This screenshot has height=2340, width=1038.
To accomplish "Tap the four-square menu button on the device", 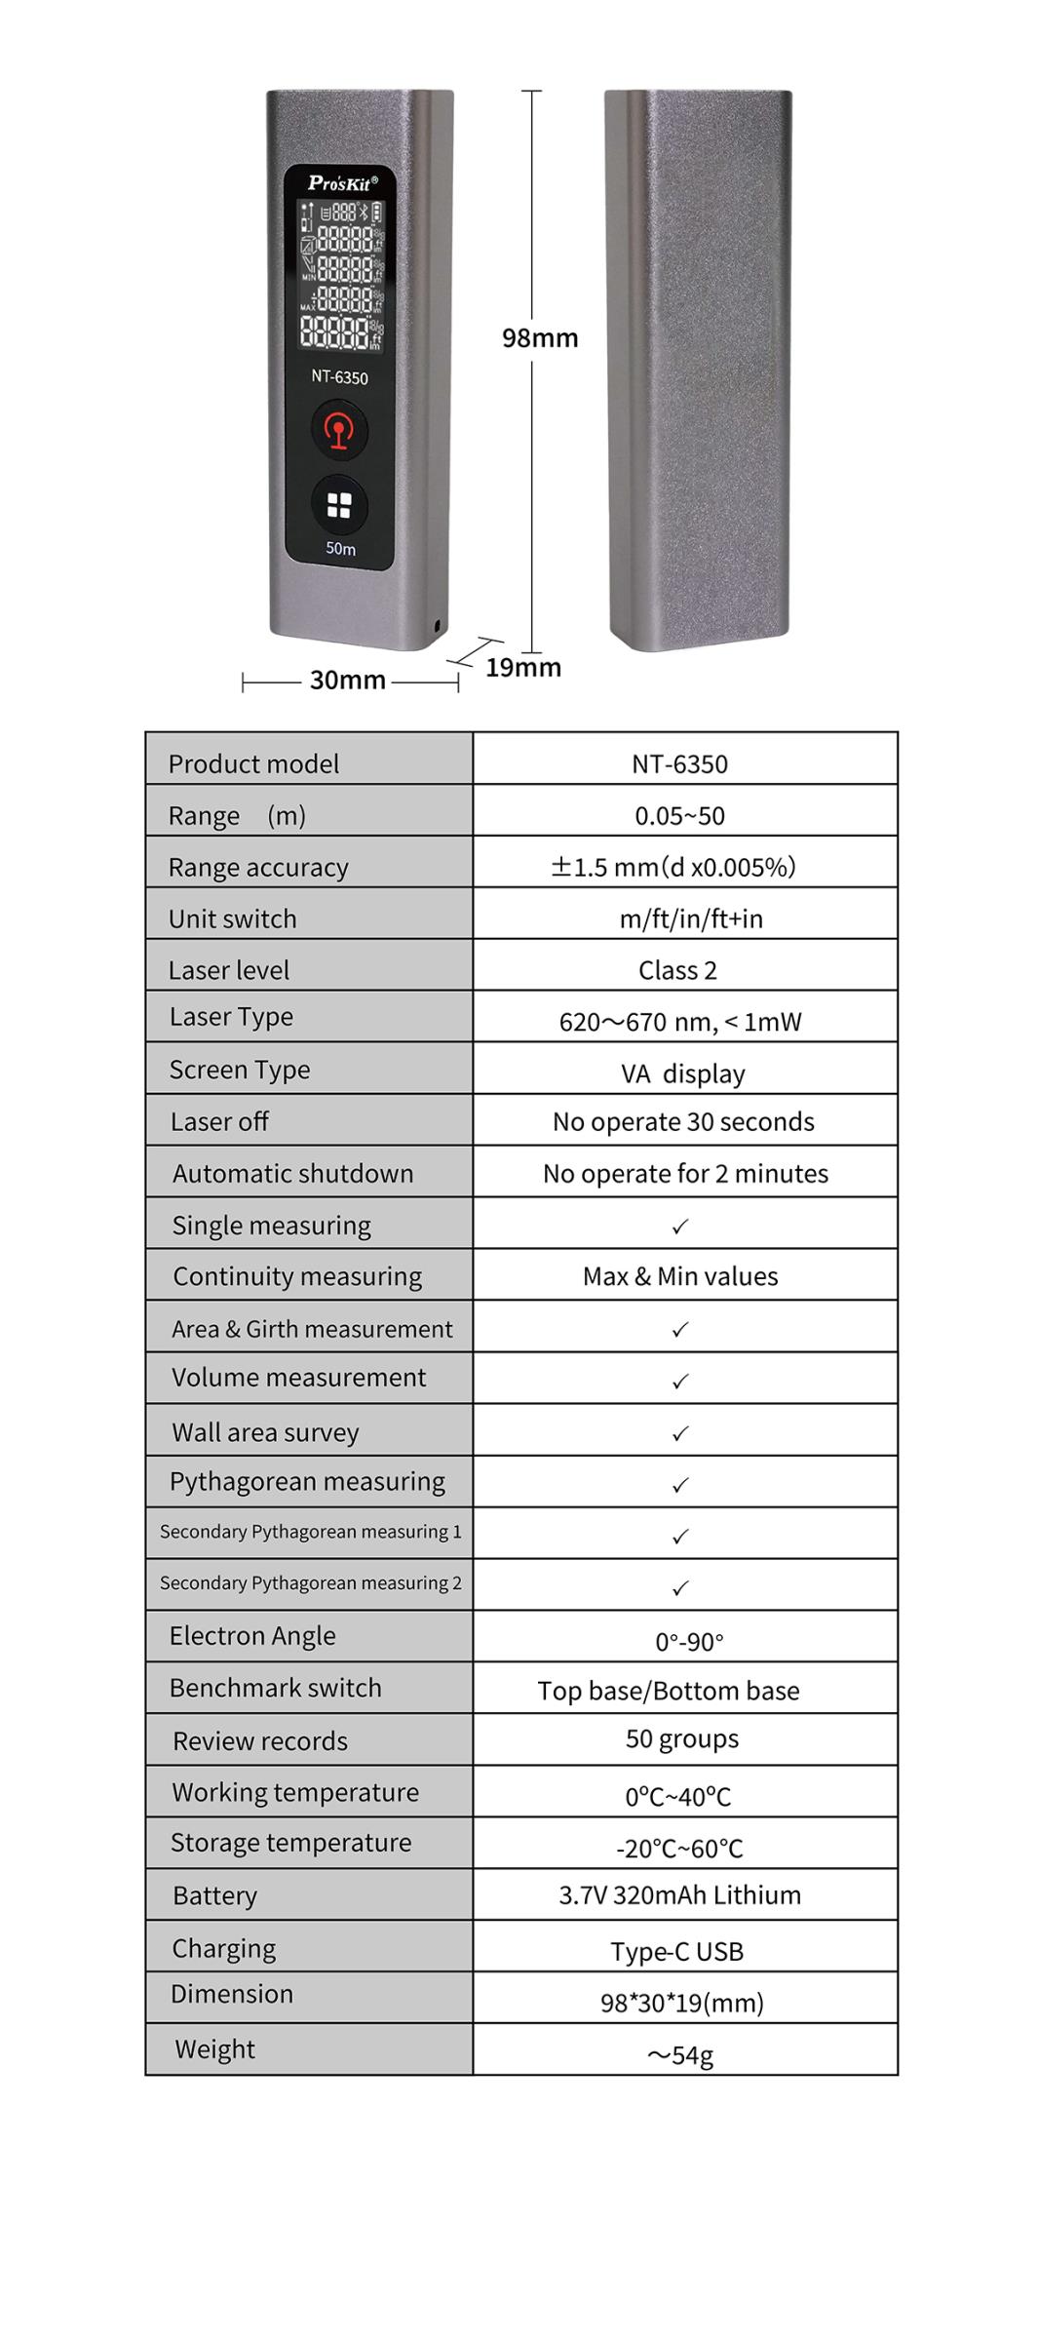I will tap(339, 505).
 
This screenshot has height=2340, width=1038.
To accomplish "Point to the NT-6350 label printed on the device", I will tap(339, 377).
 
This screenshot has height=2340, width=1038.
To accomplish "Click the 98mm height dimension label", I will tap(540, 338).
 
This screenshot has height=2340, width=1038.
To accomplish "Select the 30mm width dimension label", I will tap(348, 680).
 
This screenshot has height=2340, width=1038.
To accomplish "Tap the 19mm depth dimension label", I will tap(523, 668).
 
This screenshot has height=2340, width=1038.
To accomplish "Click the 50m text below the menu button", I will tap(340, 549).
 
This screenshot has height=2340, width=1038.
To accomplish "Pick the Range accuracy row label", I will tap(258, 867).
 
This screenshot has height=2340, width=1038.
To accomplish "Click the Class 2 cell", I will tap(678, 970).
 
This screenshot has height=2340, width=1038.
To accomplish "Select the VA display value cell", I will tap(683, 1073).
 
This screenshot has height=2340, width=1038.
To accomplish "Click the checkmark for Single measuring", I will tap(680, 1226).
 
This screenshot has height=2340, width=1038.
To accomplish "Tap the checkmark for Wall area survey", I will tap(680, 1433).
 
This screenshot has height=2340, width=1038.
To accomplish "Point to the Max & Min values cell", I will tap(680, 1276).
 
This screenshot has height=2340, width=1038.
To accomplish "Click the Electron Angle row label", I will tap(252, 1635).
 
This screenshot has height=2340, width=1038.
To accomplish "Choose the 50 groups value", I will tap(682, 1738).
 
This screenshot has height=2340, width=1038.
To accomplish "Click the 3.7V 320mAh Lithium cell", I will tap(680, 1894).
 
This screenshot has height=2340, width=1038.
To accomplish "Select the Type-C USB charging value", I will tap(677, 1951).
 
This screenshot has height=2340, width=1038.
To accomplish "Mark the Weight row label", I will tap(215, 2048).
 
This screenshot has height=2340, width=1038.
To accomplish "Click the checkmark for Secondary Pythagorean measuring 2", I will tap(680, 1588).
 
